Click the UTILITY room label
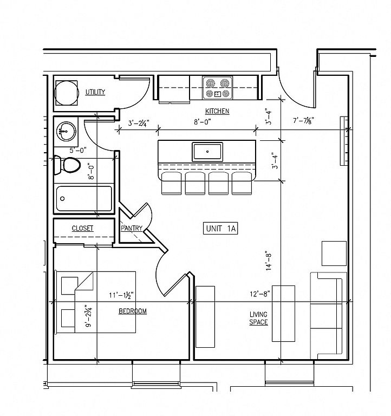click(x=95, y=92)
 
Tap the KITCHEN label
click(x=217, y=111)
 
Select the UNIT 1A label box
click(x=220, y=229)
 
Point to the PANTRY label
click(x=132, y=228)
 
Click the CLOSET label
click(x=82, y=228)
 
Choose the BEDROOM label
click(x=133, y=311)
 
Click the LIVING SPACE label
click(x=258, y=318)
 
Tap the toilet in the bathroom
click(x=67, y=165)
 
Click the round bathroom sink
click(x=66, y=131)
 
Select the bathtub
click(x=84, y=199)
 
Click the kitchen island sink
click(x=207, y=152)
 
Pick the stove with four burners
click(x=218, y=88)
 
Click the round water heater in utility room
click(x=66, y=93)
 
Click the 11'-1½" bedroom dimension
click(x=121, y=295)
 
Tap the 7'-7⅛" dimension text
click(x=303, y=120)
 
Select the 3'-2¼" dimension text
click(x=139, y=123)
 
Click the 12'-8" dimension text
click(x=260, y=294)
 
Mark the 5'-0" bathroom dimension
click(x=78, y=151)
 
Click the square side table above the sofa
click(x=334, y=253)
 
